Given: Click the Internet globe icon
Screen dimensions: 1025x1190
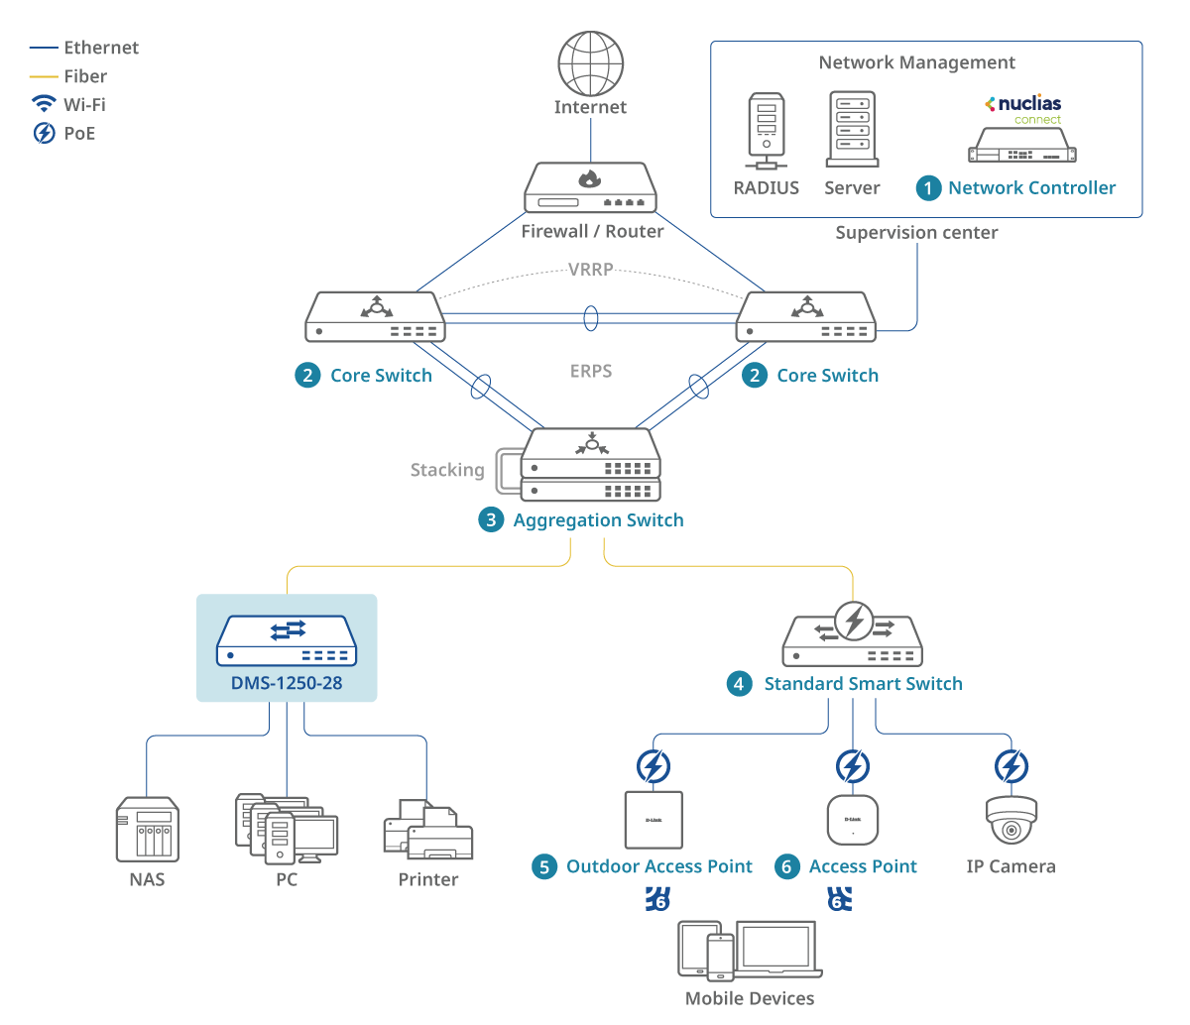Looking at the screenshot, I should click(590, 63).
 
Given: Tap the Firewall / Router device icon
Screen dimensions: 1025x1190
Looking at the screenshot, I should click(590, 188).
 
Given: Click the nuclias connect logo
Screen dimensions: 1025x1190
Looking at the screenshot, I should click(1023, 109).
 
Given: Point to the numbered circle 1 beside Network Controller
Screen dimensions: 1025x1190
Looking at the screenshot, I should click(928, 188).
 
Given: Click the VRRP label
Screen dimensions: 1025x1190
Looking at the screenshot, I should click(590, 270).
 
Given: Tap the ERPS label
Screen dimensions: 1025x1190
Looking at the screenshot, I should click(591, 372).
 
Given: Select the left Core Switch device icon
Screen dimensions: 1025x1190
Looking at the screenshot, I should click(374, 317).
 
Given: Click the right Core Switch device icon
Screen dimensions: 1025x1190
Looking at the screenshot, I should click(805, 317).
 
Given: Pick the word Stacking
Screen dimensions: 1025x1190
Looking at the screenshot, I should click(447, 470).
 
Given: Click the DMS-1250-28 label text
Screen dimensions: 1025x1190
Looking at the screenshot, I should click(287, 683).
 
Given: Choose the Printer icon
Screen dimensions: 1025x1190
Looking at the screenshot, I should click(428, 830).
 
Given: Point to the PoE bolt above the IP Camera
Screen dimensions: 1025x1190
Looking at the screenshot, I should click(1011, 766).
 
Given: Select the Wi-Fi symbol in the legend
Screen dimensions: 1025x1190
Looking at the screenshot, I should click(44, 104).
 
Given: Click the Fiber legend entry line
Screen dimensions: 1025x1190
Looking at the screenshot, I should click(44, 76).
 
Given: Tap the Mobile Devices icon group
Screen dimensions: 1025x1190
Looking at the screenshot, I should click(750, 949).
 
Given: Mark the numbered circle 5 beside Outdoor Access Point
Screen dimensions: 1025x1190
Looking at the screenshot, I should click(543, 867).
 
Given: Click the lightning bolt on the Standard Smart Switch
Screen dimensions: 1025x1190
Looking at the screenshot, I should click(854, 622).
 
